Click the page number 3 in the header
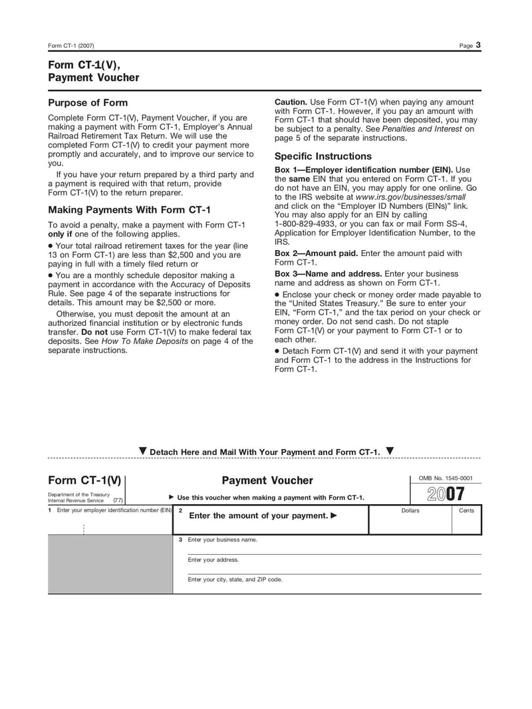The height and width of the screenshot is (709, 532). coord(478,45)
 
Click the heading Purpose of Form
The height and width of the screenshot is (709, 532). coord(88,103)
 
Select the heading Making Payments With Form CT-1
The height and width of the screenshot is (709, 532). coord(129,210)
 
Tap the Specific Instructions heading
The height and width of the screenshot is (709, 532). coord(323,156)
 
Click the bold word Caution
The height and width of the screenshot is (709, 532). coord(291,102)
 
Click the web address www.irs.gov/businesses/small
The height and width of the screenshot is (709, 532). coord(410,197)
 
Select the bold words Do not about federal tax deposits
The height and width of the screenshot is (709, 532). coord(94,332)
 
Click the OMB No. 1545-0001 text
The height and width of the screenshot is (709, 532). coord(446,478)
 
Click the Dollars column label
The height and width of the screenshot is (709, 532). coord(410,511)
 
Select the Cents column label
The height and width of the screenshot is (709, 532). coord(467,511)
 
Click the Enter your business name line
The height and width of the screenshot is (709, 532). coord(222,539)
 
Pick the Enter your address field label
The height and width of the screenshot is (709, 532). coord(213,559)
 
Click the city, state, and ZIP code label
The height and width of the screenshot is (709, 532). coord(235,579)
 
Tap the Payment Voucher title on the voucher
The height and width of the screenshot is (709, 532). coord(267,480)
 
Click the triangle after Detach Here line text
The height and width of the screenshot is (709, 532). coord(390,451)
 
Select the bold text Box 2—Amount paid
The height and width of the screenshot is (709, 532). coord(317,253)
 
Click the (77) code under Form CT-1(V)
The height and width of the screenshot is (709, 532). coord(117,500)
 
